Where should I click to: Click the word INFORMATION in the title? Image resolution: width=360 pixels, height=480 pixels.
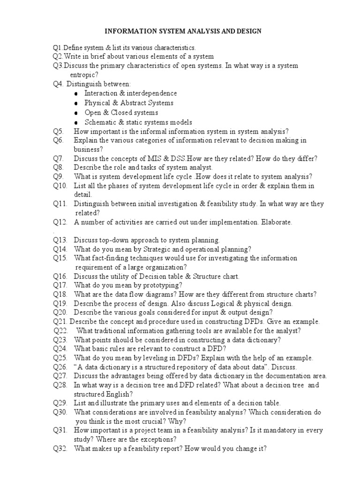point(128,31)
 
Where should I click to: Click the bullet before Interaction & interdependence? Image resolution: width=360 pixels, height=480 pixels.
point(76,94)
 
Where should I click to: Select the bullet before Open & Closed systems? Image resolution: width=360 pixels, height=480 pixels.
point(76,113)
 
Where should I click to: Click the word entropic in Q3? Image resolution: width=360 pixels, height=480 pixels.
point(83,75)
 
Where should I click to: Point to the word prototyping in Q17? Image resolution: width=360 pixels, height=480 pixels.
point(164,285)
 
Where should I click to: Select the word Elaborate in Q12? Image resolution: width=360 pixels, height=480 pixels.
point(277,222)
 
